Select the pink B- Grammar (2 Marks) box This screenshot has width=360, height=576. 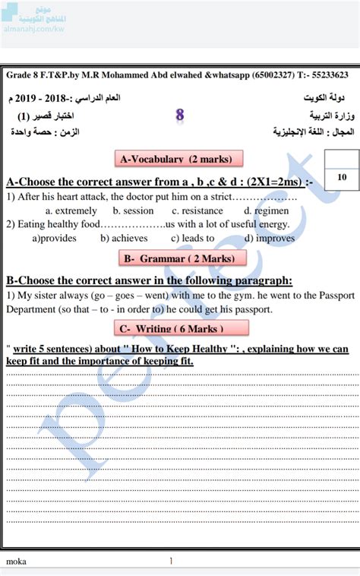pyautogui.click(x=183, y=259)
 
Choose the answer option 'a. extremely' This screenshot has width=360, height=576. pyautogui.click(x=71, y=210)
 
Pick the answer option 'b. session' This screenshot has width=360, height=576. pyautogui.click(x=133, y=210)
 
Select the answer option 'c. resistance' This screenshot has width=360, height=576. pyautogui.click(x=197, y=210)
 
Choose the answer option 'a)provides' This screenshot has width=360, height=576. pyautogui.click(x=54, y=238)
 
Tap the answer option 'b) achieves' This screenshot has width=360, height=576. pyautogui.click(x=124, y=238)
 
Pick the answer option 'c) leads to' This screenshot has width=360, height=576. pyautogui.click(x=193, y=238)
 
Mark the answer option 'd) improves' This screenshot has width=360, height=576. pyautogui.click(x=265, y=238)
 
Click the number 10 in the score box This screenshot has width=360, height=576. pyautogui.click(x=341, y=177)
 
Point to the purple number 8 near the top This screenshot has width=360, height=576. pyautogui.click(x=180, y=116)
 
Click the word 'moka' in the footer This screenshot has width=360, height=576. pyautogui.click(x=16, y=562)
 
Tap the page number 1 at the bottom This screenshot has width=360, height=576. pyautogui.click(x=171, y=562)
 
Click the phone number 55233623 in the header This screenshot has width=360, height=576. pyautogui.click(x=326, y=74)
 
